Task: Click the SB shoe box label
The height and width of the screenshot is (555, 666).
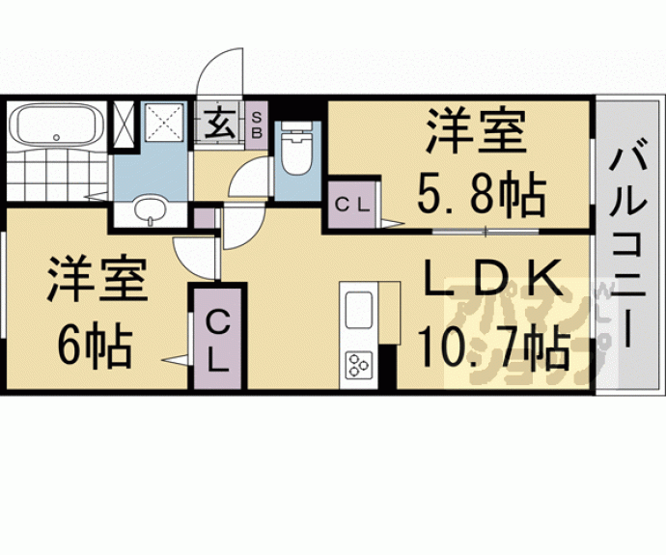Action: tap(257, 125)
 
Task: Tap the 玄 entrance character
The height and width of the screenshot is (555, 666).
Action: tap(220, 124)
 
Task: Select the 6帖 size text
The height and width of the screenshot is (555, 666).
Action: tap(96, 347)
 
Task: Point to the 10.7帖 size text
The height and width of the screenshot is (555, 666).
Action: tap(494, 348)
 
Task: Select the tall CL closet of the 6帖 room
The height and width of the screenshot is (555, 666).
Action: tap(218, 339)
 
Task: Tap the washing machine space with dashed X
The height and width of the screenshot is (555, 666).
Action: tap(163, 123)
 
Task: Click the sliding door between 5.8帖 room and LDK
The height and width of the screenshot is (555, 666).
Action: tap(486, 231)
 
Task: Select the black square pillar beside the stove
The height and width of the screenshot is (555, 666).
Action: tap(388, 368)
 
